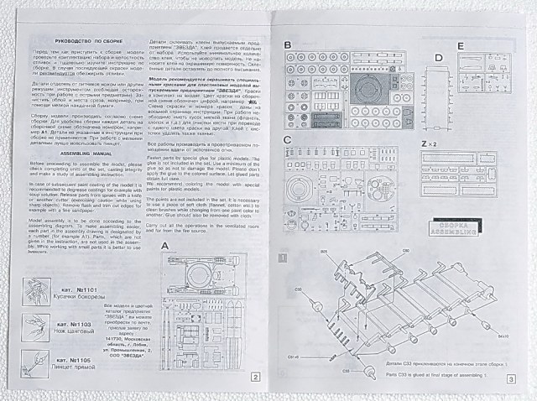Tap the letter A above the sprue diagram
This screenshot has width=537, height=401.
point(164,246)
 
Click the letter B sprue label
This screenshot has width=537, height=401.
point(288,43)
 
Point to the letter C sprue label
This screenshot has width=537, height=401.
point(288,138)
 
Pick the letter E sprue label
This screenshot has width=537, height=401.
point(461,45)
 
